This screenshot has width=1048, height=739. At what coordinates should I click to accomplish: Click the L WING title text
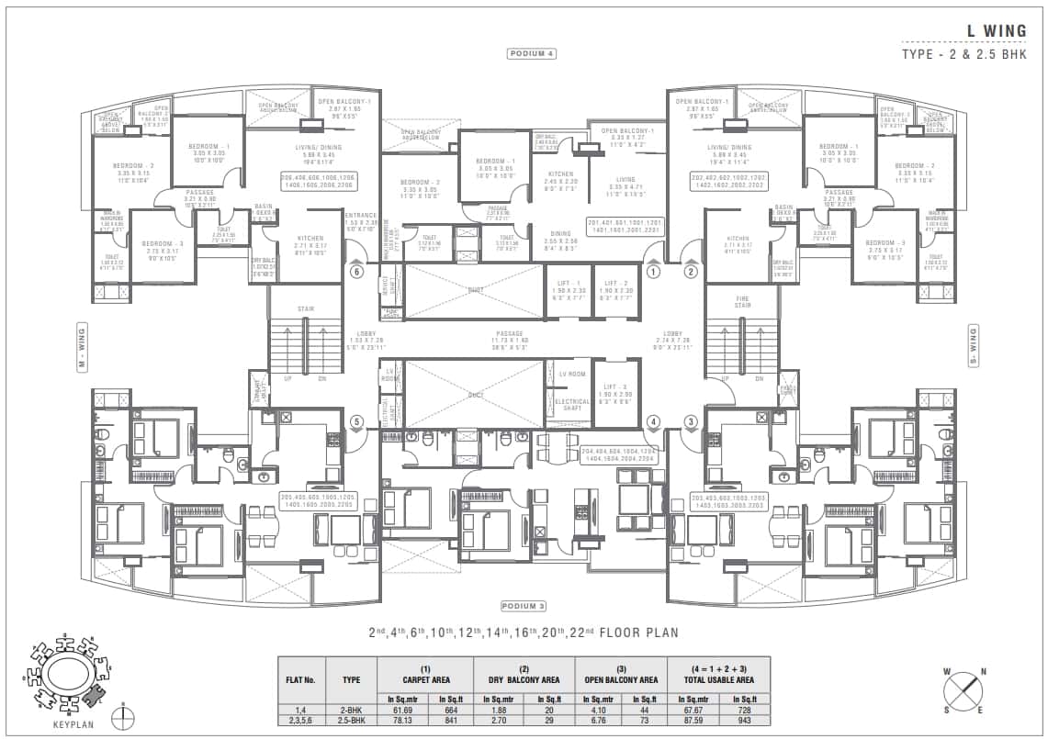click(x=996, y=31)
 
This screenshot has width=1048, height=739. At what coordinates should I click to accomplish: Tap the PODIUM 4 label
click(x=533, y=53)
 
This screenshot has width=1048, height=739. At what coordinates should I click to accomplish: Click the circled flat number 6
click(x=357, y=272)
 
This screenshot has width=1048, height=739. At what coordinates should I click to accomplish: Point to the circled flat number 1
click(x=653, y=272)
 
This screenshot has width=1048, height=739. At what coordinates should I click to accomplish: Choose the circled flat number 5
click(x=357, y=421)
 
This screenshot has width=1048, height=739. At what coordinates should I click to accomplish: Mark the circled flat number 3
click(x=690, y=421)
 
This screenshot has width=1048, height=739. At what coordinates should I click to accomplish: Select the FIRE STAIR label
click(x=743, y=303)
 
